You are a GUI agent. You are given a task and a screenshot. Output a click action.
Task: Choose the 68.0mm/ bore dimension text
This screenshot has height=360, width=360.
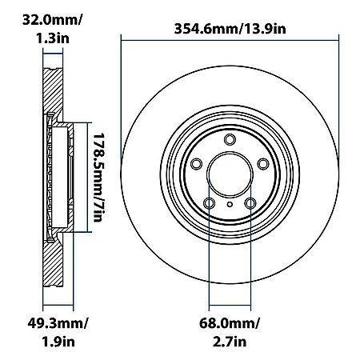[230, 325]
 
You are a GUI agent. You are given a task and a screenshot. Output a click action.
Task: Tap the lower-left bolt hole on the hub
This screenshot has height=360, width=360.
[210, 205]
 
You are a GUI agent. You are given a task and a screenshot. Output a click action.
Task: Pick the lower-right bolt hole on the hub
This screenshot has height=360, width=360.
[250, 205]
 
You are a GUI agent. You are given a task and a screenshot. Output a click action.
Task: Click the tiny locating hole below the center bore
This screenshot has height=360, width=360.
[230, 203]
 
